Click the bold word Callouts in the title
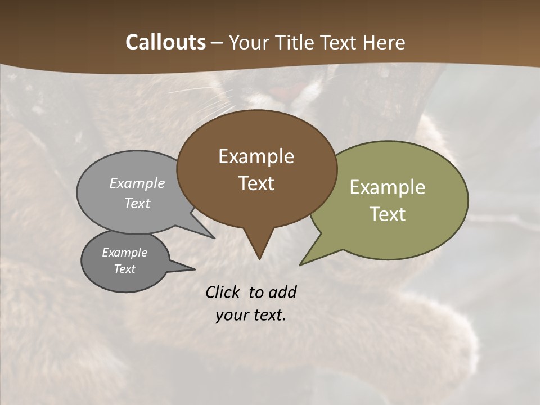(165, 42)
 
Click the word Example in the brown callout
(256, 156)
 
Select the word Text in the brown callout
(256, 183)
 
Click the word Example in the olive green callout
(387, 187)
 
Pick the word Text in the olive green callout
(387, 214)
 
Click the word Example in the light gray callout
(137, 183)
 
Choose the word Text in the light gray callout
(137, 203)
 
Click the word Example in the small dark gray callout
(124, 253)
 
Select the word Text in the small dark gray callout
(124, 269)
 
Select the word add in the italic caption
(282, 292)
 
